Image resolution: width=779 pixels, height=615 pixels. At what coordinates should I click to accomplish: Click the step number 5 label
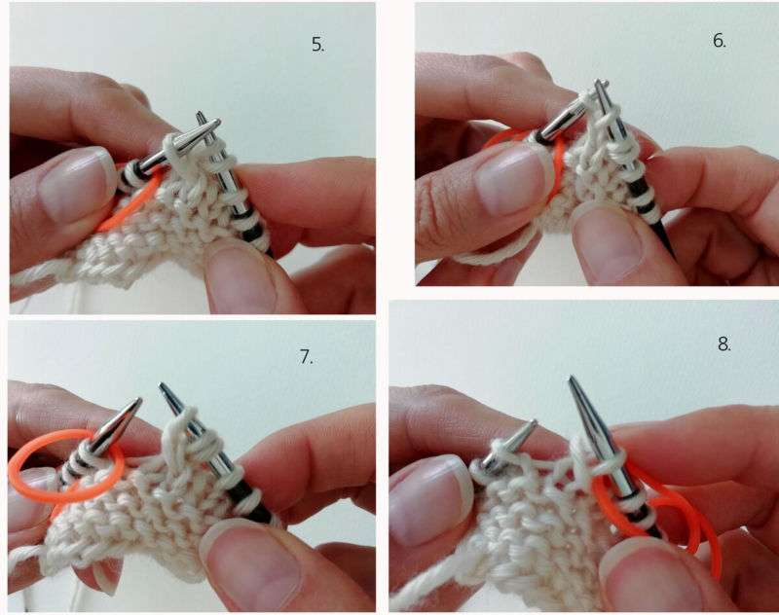pos(318,45)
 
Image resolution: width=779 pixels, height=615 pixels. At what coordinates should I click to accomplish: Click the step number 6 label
pos(719,41)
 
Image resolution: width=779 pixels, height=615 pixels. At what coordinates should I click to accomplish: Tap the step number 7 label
pos(306,356)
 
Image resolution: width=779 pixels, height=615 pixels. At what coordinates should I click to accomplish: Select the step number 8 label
pos(723,344)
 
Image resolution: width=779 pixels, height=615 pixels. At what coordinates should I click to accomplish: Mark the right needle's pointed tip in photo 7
pos(162,384)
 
